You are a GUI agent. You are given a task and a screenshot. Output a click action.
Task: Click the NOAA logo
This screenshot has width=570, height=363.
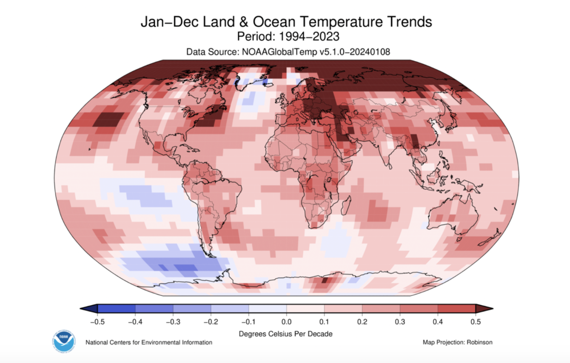[x=64, y=340]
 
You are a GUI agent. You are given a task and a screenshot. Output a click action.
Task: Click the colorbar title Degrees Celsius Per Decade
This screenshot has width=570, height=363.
[x=286, y=334]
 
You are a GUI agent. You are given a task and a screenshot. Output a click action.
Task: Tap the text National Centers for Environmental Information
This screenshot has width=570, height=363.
[x=149, y=342]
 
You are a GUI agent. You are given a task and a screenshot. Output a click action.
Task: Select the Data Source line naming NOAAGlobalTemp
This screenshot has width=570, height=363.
[x=288, y=51]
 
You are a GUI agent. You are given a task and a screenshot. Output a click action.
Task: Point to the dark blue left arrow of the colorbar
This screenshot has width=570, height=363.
[x=89, y=309]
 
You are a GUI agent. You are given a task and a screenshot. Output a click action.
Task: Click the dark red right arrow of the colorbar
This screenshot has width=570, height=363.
[x=484, y=309]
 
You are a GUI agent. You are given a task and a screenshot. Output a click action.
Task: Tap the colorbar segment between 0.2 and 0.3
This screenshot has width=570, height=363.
[x=381, y=309]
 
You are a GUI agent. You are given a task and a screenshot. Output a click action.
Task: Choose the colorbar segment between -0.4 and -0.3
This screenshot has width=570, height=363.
[x=154, y=309]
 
